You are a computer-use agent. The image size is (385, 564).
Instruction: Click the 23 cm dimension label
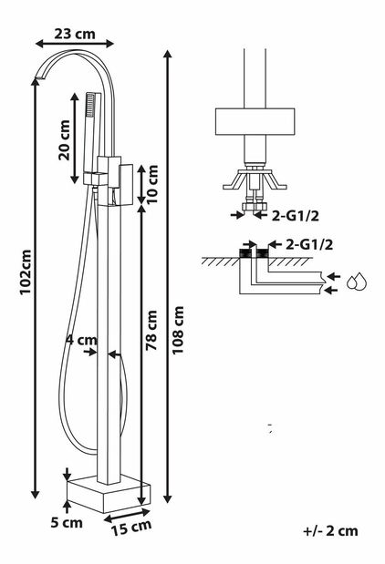coord(75,34)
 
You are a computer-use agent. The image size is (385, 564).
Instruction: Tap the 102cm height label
coord(26,272)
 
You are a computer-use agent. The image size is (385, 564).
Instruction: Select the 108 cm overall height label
coord(178,330)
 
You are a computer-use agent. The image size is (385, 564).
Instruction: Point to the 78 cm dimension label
coord(151,330)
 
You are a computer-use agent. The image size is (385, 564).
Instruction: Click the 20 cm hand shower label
coord(65,140)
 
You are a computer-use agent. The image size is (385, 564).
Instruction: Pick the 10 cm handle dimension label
coord(152,184)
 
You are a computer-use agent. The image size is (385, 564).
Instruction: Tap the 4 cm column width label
coord(81,339)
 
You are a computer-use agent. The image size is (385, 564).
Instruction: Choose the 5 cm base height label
coord(67,522)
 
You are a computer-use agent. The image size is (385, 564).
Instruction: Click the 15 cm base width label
coord(131,528)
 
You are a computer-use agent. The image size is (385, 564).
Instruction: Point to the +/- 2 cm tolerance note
coord(330,530)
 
